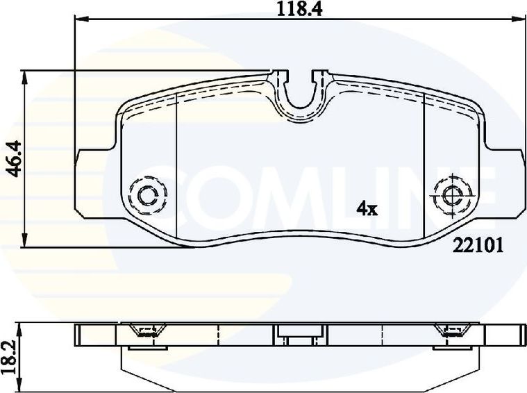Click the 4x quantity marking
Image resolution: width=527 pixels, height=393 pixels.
coord(367,208)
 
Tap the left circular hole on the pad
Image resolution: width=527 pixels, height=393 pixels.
coord(148,195)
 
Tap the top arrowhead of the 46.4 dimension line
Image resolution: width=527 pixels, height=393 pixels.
coord(26,74)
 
